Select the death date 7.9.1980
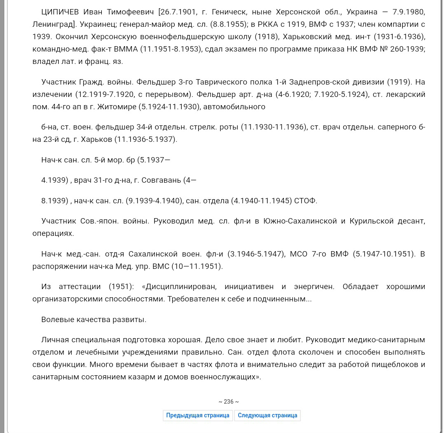pos(407,12)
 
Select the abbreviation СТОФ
pos(306,201)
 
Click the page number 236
pos(229,402)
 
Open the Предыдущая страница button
pos(198,415)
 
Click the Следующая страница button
pos(267,415)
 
